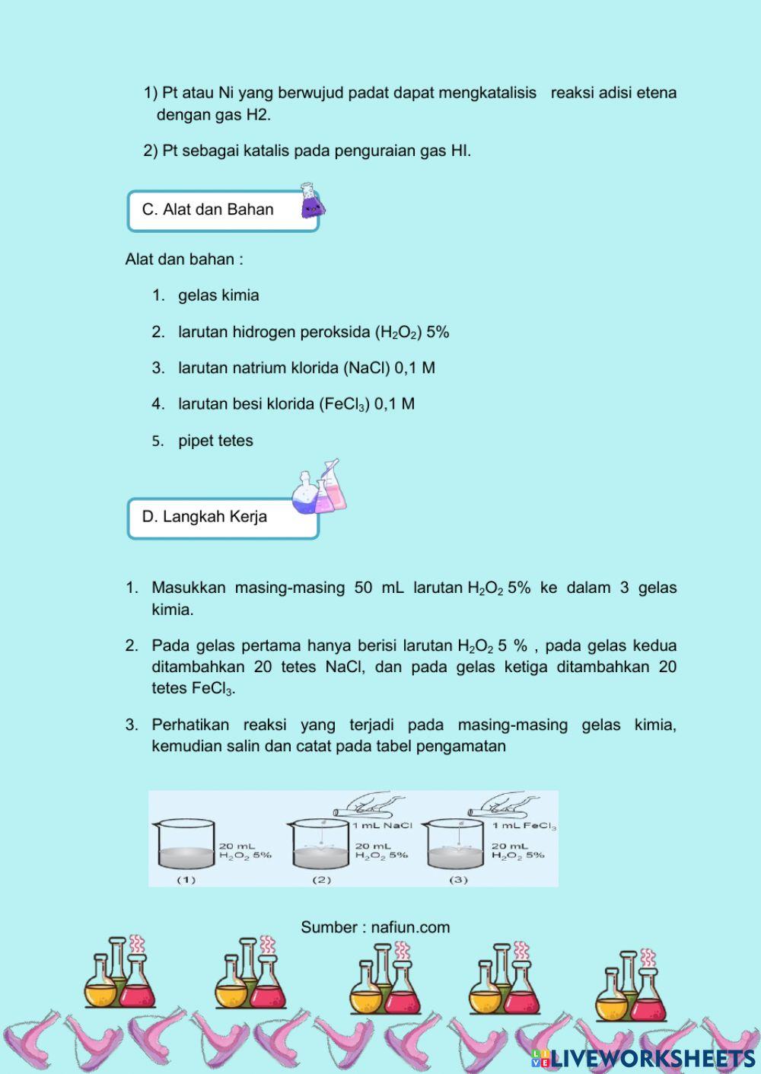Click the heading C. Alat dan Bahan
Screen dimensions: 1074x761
tap(208, 210)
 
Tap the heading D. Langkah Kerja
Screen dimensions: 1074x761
tap(204, 517)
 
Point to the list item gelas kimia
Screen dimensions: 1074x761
tap(218, 295)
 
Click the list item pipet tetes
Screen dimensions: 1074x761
tap(215, 441)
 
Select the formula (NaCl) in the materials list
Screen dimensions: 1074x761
tap(368, 368)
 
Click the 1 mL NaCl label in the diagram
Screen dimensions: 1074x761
tap(382, 825)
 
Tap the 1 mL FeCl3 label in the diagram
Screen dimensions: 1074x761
tap(524, 826)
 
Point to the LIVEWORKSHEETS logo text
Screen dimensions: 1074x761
tap(652, 1058)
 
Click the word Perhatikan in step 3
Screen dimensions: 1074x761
tap(190, 725)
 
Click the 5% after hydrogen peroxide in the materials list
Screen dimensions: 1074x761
tap(438, 332)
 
